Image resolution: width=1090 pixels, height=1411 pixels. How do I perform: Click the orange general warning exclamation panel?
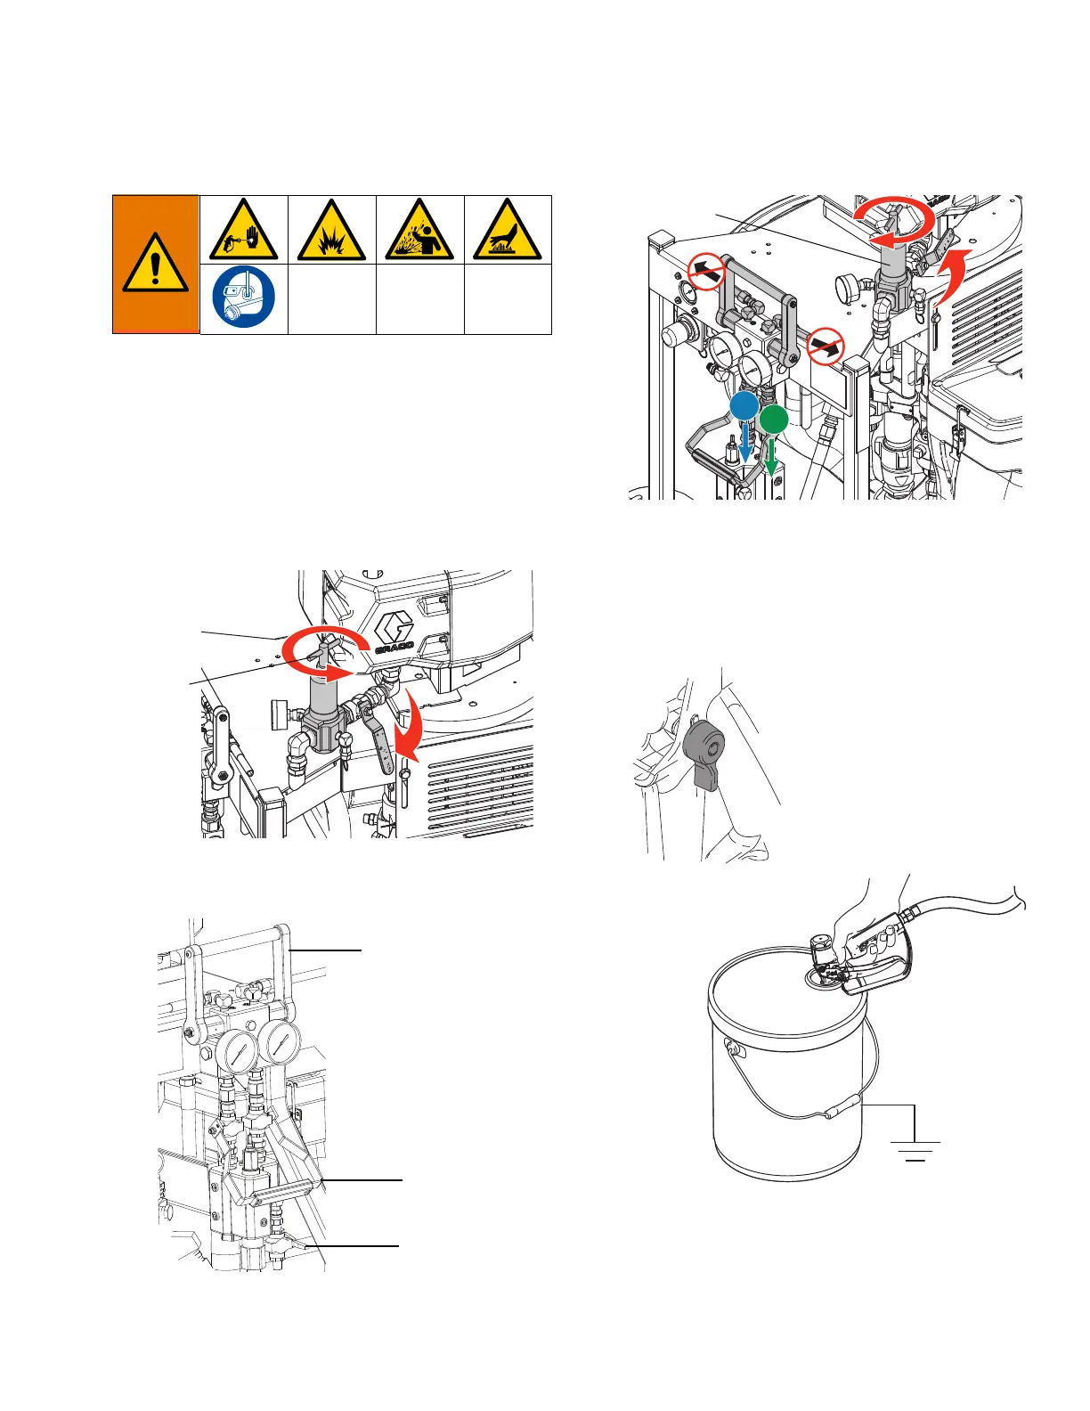point(156,265)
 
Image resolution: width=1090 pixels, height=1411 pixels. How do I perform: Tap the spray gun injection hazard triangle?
point(243,230)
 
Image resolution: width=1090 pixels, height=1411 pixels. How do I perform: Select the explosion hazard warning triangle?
point(332,230)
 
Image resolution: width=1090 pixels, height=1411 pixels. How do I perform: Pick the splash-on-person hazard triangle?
point(419,230)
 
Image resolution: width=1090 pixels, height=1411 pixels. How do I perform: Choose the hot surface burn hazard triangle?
point(507,230)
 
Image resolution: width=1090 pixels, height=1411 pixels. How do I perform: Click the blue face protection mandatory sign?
point(243,297)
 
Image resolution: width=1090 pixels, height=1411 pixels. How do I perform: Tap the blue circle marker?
point(744,406)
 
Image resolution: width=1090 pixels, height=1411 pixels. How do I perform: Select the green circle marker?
point(773,420)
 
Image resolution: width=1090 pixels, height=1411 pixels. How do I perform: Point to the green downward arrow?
point(771,457)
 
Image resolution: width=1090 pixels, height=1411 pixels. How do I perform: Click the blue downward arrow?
point(745,444)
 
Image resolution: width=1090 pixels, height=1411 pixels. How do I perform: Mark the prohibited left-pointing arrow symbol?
point(705,272)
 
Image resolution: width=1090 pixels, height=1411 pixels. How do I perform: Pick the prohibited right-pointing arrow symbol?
point(826,347)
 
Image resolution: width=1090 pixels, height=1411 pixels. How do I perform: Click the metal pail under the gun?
point(787,1063)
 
